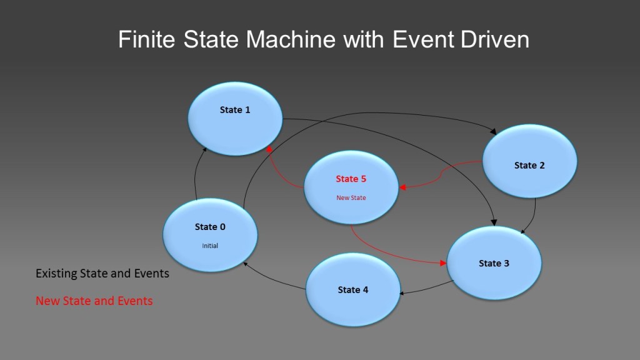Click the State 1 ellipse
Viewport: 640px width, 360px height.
click(236, 119)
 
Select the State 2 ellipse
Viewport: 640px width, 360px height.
click(530, 161)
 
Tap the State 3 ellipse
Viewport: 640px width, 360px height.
click(494, 262)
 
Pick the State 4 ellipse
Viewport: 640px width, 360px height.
click(353, 289)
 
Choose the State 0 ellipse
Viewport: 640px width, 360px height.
click(210, 236)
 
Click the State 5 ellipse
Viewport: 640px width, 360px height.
click(351, 187)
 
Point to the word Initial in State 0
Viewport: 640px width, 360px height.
click(210, 246)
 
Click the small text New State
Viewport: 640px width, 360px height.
click(351, 198)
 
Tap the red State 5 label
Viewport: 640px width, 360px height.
click(351, 179)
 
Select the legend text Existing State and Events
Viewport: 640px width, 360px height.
click(102, 274)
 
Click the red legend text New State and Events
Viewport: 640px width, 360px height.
click(94, 301)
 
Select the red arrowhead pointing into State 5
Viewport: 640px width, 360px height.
click(403, 187)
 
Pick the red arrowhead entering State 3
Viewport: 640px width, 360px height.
click(446, 262)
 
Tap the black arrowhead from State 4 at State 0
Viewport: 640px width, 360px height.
click(246, 264)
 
